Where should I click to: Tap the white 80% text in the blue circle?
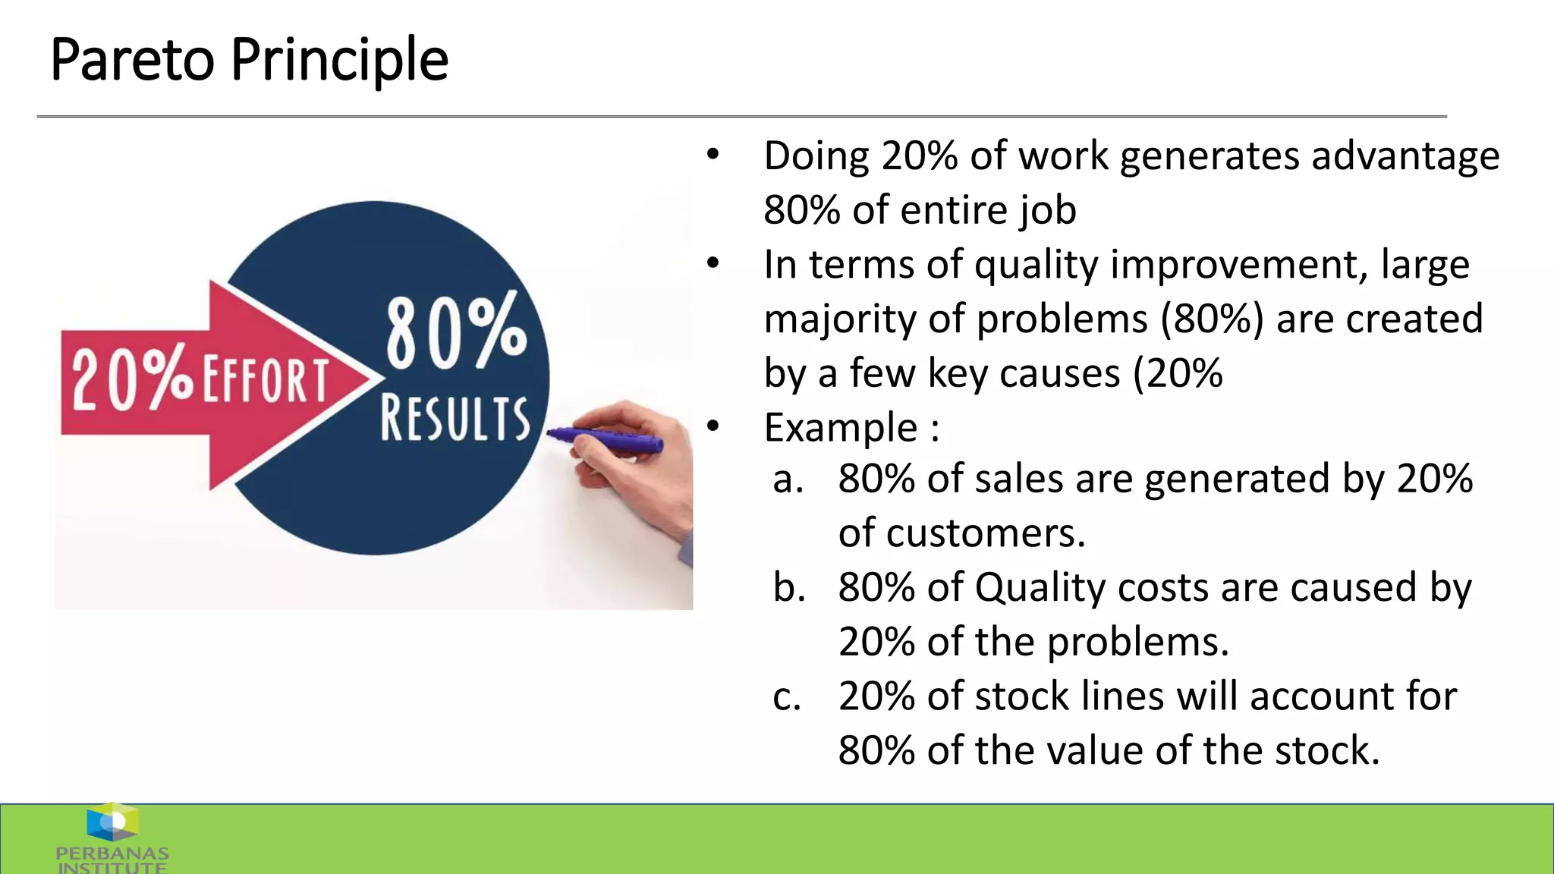click(x=456, y=331)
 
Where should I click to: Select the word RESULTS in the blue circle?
click(x=455, y=418)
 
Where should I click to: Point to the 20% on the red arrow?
click(x=133, y=378)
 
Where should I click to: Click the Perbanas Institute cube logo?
click(x=112, y=822)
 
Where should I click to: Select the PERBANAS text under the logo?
click(x=112, y=854)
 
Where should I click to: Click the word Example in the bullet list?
click(x=841, y=428)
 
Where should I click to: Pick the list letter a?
click(x=788, y=480)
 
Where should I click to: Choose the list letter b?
click(x=789, y=588)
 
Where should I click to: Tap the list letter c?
click(x=787, y=697)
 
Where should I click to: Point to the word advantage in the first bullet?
click(x=1405, y=156)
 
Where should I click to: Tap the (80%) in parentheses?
click(x=1212, y=319)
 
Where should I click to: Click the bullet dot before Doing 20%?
click(x=713, y=155)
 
